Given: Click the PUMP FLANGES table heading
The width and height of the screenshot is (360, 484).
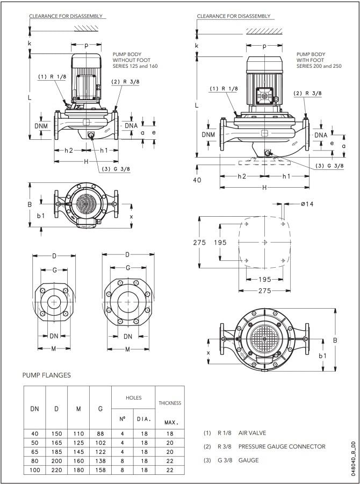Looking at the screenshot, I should [46, 375].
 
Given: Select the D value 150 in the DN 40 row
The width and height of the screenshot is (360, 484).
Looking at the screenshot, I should [56, 433].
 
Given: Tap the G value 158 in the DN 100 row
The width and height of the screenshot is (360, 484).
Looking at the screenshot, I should [100, 469].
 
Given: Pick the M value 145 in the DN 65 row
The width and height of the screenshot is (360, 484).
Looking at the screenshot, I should [78, 451].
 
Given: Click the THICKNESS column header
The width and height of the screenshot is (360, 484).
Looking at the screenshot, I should [170, 403].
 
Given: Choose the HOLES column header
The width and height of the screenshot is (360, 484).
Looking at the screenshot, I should [133, 397].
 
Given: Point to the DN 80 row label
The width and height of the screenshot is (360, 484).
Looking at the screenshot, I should [34, 460].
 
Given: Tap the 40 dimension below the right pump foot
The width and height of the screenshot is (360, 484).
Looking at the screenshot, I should [197, 180].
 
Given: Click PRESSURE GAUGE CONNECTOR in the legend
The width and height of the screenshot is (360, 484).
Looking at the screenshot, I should [282, 446].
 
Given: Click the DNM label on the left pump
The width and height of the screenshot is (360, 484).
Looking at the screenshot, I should [41, 126].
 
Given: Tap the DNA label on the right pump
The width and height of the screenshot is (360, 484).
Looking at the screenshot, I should [321, 135].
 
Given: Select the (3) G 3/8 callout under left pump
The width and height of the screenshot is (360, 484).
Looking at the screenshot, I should [116, 169].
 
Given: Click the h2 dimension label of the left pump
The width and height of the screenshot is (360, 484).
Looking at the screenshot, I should [68, 150].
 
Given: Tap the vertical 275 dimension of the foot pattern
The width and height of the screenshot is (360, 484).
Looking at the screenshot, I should [199, 243].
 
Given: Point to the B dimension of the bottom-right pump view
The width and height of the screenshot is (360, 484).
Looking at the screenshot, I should [334, 340].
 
